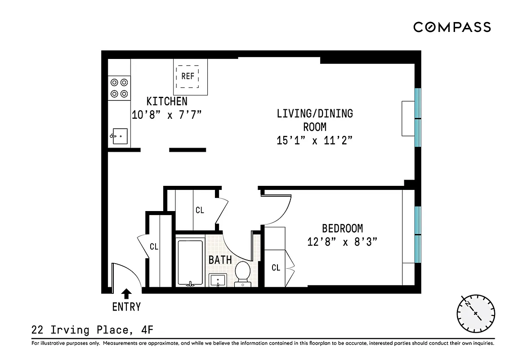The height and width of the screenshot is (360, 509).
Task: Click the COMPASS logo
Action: [452, 27]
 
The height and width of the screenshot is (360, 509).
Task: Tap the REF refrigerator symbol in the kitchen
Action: [188, 76]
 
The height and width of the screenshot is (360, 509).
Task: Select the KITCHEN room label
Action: [166, 101]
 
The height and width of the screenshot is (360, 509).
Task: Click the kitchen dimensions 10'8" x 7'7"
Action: [166, 115]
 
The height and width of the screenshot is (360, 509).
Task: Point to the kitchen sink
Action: [120, 136]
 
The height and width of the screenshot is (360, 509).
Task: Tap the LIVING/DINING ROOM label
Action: [314, 120]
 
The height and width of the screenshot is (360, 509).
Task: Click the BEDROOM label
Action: [342, 228]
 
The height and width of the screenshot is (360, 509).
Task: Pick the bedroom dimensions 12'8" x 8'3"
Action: [342, 242]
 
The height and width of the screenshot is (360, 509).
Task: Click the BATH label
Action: [220, 260]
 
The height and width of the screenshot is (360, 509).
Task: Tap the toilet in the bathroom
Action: [243, 273]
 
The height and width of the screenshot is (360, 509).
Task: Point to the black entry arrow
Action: [127, 294]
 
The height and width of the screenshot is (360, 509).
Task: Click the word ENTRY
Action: [126, 307]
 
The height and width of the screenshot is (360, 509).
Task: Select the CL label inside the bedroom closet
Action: [276, 268]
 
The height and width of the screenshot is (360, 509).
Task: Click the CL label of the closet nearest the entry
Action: [154, 246]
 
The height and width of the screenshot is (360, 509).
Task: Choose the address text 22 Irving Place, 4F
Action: [92, 331]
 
